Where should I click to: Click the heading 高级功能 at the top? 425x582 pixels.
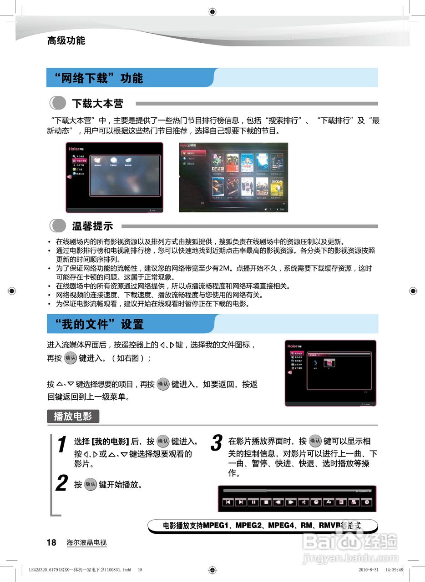(x=66, y=40)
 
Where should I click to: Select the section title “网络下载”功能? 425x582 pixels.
(x=99, y=78)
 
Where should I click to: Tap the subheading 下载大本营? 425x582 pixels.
(x=97, y=104)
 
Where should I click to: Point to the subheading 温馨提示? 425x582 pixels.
(x=92, y=226)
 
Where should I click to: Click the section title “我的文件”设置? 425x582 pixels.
(x=99, y=324)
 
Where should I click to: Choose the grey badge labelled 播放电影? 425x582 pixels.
(x=73, y=416)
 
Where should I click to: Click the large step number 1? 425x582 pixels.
(x=62, y=445)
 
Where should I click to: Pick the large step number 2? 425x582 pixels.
(x=61, y=483)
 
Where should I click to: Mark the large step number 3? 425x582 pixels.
(x=217, y=443)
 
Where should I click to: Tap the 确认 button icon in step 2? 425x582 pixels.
(x=91, y=484)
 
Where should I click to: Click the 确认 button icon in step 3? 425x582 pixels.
(x=315, y=441)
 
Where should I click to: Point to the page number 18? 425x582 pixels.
(x=51, y=542)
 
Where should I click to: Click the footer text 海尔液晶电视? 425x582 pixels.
(x=86, y=542)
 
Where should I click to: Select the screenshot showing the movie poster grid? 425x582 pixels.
(x=233, y=177)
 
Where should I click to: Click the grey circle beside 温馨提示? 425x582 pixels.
(x=58, y=226)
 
